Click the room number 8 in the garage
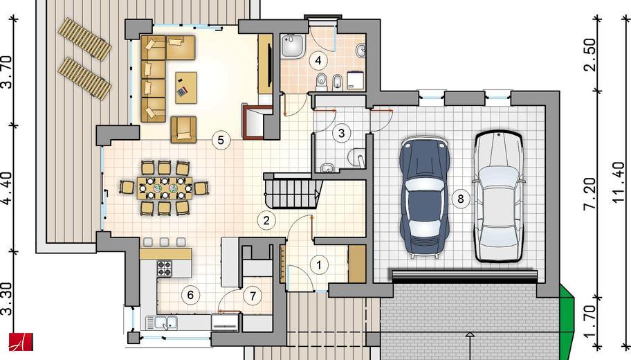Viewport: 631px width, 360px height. point(460,199)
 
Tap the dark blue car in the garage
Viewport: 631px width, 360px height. point(425,197)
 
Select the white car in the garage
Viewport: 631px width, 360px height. point(498,196)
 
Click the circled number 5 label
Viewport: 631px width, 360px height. point(221,140)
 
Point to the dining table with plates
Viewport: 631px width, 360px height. point(164,188)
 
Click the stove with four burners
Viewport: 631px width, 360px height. point(164,268)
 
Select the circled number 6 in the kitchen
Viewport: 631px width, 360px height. point(190,295)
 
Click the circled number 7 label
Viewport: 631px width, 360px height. point(253,296)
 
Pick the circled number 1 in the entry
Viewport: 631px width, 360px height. point(319,265)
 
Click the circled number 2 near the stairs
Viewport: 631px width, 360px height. point(266,221)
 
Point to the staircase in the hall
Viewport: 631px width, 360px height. point(293,192)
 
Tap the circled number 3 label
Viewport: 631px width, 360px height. point(342,134)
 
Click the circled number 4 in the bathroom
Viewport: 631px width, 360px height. point(319,61)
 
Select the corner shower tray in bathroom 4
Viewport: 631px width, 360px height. point(293,46)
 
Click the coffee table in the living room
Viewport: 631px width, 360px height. point(186,87)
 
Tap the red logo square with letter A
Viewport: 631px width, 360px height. point(21,342)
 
